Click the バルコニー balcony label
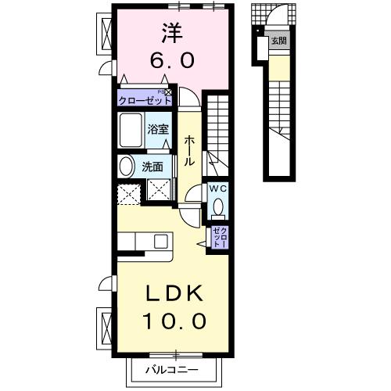click(176, 369)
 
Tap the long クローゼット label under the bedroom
click(145, 99)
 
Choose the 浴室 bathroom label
click(158, 129)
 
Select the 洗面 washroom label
click(152, 166)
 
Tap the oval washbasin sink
click(125, 166)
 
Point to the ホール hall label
click(189, 149)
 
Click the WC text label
click(217, 188)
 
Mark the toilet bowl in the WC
click(218, 206)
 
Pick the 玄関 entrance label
click(278, 41)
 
